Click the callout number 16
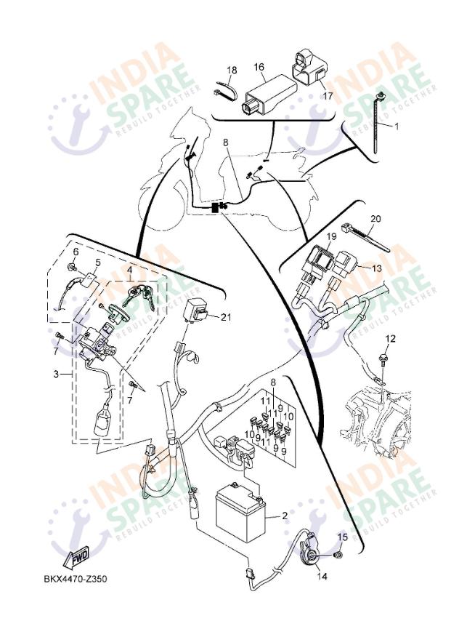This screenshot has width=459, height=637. pos(259,67)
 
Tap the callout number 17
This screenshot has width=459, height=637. pos(328,95)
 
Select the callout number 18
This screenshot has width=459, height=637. pos(232,71)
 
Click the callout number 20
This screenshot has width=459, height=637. pos(375,218)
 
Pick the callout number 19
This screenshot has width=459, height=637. pos(330,237)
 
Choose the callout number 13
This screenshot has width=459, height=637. pos(377,268)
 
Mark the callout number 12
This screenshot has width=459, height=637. pos(391,339)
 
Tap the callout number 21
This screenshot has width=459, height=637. pos(225,316)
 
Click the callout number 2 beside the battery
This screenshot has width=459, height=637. pos(285,516)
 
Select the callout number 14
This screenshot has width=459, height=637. pos(321,576)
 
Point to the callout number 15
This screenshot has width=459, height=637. pos(343,537)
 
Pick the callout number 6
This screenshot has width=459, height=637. pos(73,252)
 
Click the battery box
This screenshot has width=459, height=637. pos(242,513)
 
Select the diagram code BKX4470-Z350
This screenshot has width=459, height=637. pos(76,580)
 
